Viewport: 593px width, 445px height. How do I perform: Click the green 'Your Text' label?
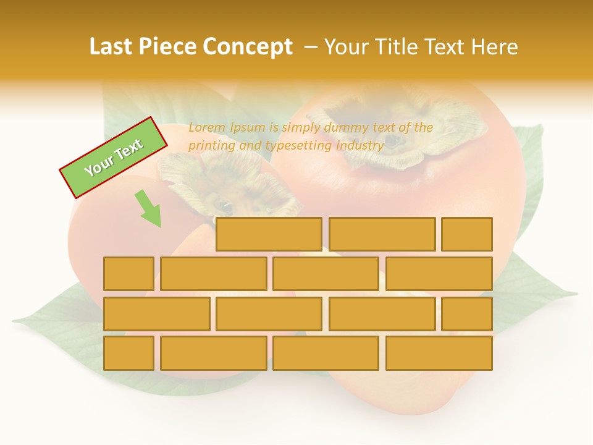point(113,158)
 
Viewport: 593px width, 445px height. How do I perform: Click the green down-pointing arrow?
point(149,209)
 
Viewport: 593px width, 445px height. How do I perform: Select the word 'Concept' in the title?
point(248,47)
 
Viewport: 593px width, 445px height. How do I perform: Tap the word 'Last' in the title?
point(112,47)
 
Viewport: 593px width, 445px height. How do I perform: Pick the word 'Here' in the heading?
point(494,47)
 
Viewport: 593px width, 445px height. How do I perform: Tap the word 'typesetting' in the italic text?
point(298,146)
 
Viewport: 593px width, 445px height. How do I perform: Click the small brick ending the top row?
point(467,234)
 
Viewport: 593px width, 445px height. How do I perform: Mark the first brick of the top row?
point(269,234)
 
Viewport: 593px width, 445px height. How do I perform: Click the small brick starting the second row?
point(128,274)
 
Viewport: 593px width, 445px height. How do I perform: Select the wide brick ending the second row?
point(439,274)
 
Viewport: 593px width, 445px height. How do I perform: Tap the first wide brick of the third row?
point(156,314)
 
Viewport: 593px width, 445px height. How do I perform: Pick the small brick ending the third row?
point(467,314)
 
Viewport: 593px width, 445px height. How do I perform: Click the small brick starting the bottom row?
point(128,354)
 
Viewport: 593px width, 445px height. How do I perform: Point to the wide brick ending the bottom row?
point(439,354)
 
